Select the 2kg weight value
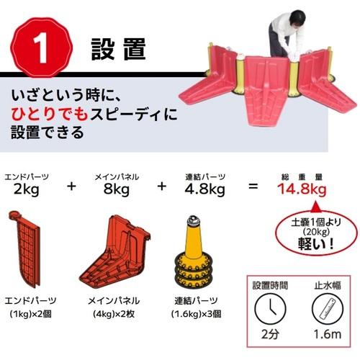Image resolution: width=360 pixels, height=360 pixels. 27,190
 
